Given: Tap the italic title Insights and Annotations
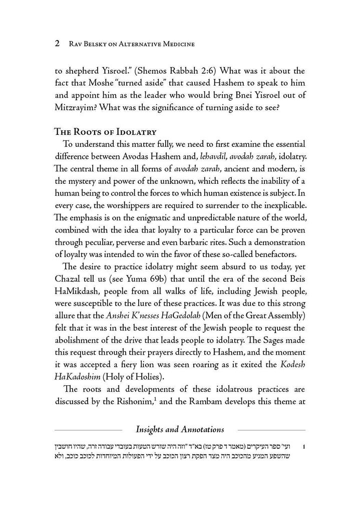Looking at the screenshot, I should point(180,429).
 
